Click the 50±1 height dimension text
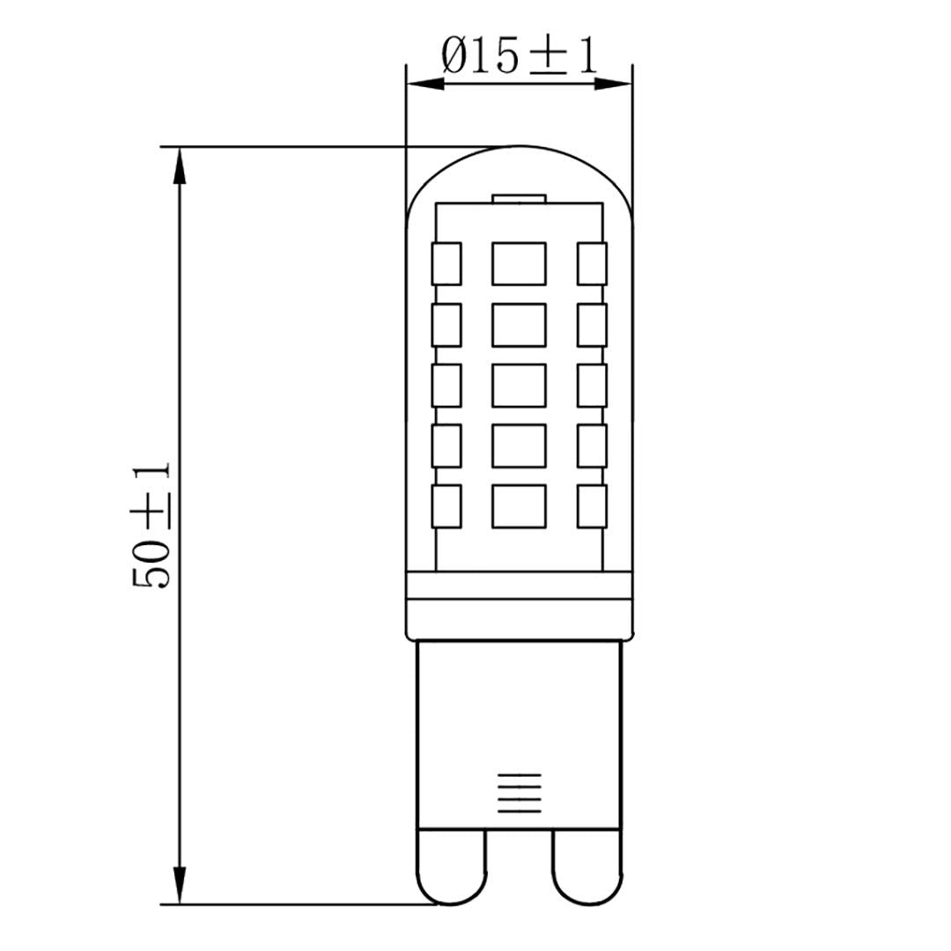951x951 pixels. click(x=151, y=526)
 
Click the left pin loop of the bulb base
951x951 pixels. click(x=452, y=866)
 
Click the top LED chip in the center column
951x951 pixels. click(x=519, y=263)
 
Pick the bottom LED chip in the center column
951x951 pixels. click(x=519, y=506)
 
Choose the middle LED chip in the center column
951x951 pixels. click(x=519, y=385)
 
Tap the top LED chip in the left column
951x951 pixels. click(x=446, y=263)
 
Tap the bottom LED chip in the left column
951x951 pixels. click(x=446, y=506)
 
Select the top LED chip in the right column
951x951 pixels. click(x=593, y=263)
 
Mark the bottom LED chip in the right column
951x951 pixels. click(x=593, y=506)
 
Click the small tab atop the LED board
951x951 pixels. click(x=519, y=198)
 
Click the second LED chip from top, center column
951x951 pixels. click(x=519, y=324)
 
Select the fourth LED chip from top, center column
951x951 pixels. click(x=519, y=446)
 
